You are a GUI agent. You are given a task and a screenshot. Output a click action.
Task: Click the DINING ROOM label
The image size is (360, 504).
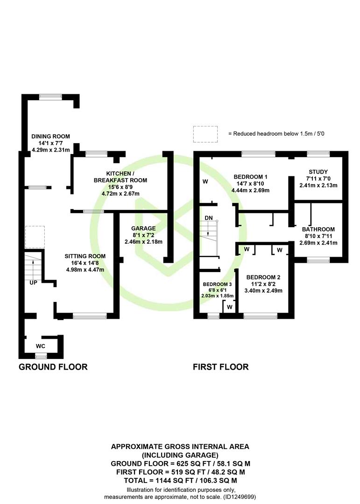[50, 136]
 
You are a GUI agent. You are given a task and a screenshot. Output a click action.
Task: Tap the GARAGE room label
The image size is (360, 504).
[143, 228]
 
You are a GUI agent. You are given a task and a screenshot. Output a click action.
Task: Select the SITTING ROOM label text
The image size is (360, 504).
[85, 256]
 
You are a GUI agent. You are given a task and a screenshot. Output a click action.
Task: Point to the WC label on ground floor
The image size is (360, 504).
[40, 346]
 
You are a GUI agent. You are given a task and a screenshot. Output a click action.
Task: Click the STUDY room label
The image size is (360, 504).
[318, 172]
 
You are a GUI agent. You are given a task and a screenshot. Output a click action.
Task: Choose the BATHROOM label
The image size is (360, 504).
[318, 229]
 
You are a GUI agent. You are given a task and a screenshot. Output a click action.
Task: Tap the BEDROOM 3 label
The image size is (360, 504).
[217, 284]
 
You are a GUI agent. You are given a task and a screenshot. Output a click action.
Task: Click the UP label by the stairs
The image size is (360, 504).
[33, 283]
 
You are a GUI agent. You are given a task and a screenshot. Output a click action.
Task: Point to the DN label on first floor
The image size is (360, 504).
[208, 218]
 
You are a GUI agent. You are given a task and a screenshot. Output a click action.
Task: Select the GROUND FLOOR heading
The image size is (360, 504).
[53, 367]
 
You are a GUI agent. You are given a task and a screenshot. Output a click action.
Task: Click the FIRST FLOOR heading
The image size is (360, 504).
[221, 367]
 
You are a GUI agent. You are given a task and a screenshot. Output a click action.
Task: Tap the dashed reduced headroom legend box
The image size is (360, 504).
[205, 134]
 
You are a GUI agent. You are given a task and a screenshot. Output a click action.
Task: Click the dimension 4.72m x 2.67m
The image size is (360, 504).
[120, 194]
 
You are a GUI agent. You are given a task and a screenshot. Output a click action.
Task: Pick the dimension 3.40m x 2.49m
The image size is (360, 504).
[263, 291]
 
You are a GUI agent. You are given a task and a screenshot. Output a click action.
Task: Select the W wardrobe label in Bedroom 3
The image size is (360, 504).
[229, 307]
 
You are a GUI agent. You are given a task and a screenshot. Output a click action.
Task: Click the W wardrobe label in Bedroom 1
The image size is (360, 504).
[205, 182]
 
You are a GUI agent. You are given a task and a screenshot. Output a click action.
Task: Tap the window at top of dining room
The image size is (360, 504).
[50, 96]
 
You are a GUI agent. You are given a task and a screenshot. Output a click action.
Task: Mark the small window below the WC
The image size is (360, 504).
[41, 356]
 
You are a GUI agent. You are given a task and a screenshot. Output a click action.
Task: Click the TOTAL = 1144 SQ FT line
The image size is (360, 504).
[180, 481]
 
